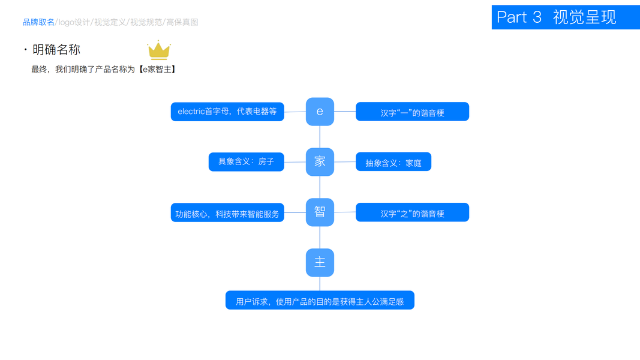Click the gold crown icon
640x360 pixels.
(x=159, y=50)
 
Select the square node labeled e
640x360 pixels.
(x=320, y=112)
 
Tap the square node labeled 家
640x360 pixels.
(x=320, y=162)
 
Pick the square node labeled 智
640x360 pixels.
(x=320, y=212)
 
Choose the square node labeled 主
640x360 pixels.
(x=320, y=263)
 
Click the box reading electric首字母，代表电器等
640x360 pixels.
(x=227, y=112)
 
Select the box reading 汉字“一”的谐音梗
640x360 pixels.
(x=412, y=112)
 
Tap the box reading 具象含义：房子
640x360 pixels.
(x=246, y=162)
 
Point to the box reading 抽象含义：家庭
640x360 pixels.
(x=393, y=162)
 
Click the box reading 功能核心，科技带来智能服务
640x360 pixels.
(x=227, y=212)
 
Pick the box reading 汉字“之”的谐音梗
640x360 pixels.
(x=412, y=212)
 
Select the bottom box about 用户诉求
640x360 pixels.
(x=320, y=301)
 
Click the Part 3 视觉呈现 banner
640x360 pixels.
(x=565, y=17)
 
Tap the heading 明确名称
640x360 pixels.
(x=56, y=50)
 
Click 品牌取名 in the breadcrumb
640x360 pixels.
(x=38, y=22)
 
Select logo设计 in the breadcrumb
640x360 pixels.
(x=74, y=22)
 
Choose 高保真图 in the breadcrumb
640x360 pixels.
(x=182, y=22)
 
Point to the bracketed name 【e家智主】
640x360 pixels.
(x=158, y=70)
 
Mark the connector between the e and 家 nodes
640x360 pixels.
(x=320, y=137)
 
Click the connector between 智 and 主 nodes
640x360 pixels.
(x=320, y=238)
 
